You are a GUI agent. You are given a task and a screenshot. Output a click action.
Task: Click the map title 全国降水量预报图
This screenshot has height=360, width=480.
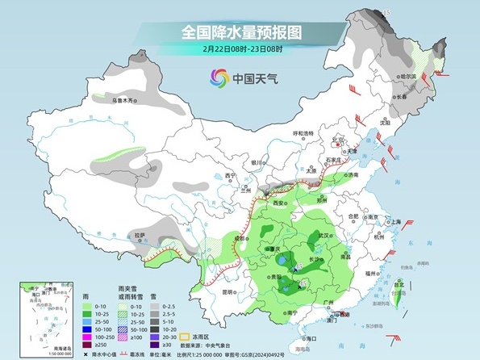240,32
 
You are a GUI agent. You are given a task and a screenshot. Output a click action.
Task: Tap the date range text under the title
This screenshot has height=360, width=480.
240,49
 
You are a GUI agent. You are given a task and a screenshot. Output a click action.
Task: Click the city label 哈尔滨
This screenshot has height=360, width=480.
407,77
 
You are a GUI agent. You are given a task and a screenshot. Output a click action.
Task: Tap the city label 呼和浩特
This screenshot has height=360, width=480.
303,133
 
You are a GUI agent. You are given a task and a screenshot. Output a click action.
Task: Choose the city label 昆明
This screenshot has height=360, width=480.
230,292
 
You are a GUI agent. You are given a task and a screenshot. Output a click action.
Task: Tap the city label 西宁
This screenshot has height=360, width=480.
231,176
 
